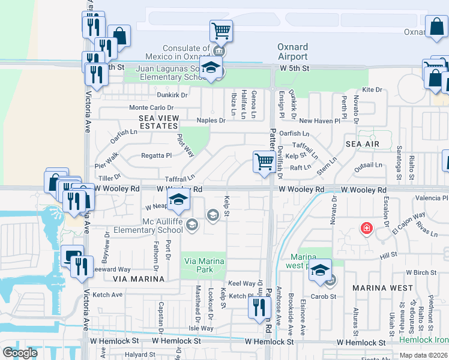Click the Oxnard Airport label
click(292, 52)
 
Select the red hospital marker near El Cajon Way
click(365, 229)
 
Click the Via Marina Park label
click(204, 265)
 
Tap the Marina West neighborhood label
click(379, 287)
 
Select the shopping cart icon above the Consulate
click(221, 31)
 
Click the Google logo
click(20, 353)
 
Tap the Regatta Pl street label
click(156, 155)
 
